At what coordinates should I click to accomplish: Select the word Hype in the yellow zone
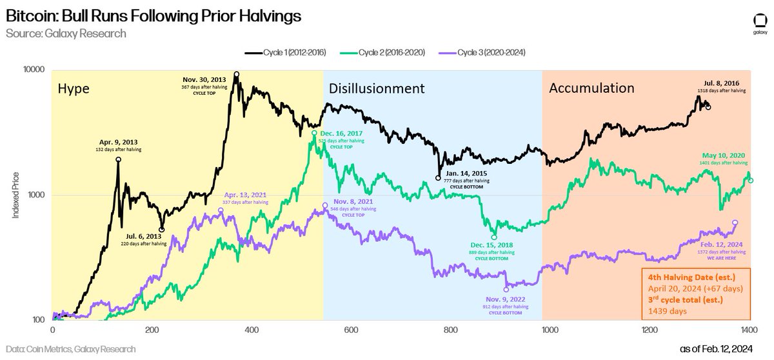pos(74,87)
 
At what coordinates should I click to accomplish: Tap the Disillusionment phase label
pos(376,88)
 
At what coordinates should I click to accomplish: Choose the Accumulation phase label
pos(591,88)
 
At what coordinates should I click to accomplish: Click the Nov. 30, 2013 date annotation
pos(210,79)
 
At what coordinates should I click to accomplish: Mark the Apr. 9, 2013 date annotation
pos(118,142)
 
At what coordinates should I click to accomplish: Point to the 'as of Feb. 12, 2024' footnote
pos(726,349)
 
